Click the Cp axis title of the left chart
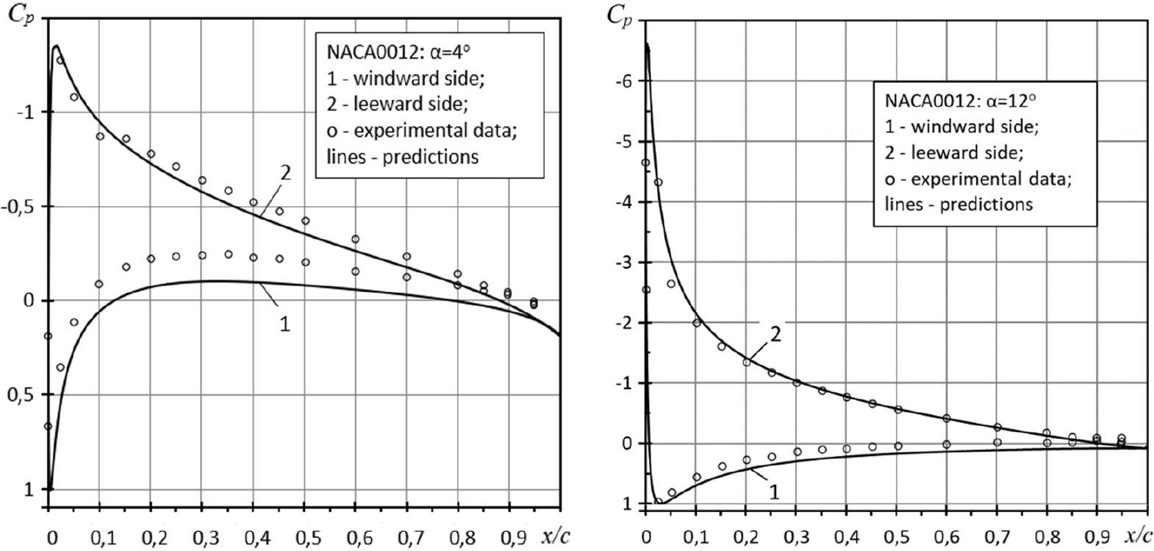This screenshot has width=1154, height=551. [20, 15]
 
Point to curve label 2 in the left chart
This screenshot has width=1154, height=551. [285, 174]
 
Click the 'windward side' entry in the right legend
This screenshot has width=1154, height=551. [975, 127]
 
